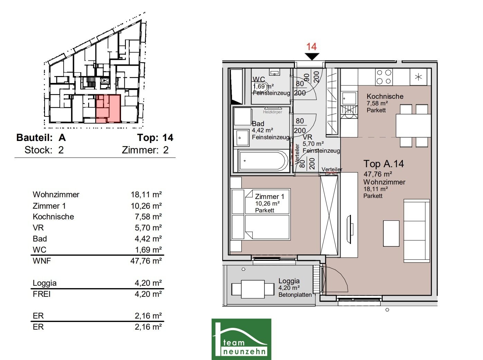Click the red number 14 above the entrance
click(x=312, y=47)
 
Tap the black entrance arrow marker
click(x=312, y=56)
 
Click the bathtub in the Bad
click(x=263, y=161)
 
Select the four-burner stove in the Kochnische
click(x=384, y=77)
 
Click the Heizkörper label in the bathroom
click(x=272, y=112)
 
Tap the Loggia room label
click(x=289, y=281)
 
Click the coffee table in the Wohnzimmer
click(x=391, y=234)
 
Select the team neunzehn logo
click(x=241, y=339)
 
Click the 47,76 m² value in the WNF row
click(x=146, y=261)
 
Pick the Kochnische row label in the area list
click(x=53, y=217)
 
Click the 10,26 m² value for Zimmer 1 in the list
click(x=146, y=206)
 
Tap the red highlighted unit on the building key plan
click(x=109, y=108)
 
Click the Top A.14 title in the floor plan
click(x=383, y=164)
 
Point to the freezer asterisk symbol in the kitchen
click(x=418, y=77)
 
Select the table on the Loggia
click(x=253, y=289)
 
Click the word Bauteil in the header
click(x=35, y=138)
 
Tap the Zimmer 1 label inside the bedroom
click(x=270, y=197)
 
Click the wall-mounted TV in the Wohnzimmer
click(x=349, y=229)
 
